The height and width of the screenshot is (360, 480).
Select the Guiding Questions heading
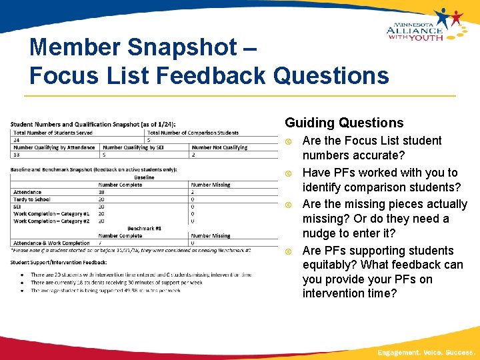tap(344, 123)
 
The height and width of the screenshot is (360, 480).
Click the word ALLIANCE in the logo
tap(414, 30)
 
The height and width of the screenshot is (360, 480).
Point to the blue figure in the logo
tap(443, 17)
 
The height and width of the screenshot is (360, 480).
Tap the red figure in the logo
tap(457, 17)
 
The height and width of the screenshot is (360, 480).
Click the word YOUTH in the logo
tap(427, 38)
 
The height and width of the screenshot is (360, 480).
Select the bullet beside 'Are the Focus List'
tap(289, 141)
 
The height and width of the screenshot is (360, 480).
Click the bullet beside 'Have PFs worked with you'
tap(289, 173)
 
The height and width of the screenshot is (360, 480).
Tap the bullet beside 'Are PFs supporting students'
tap(289, 251)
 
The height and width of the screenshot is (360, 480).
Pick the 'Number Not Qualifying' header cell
tap(219, 147)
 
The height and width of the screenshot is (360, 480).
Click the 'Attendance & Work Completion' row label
tap(51, 243)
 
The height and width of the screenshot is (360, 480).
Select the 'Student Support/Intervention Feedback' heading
tap(59, 262)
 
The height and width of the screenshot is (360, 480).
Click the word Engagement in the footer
tap(399, 351)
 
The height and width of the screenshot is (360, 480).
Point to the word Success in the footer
tap(459, 351)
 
